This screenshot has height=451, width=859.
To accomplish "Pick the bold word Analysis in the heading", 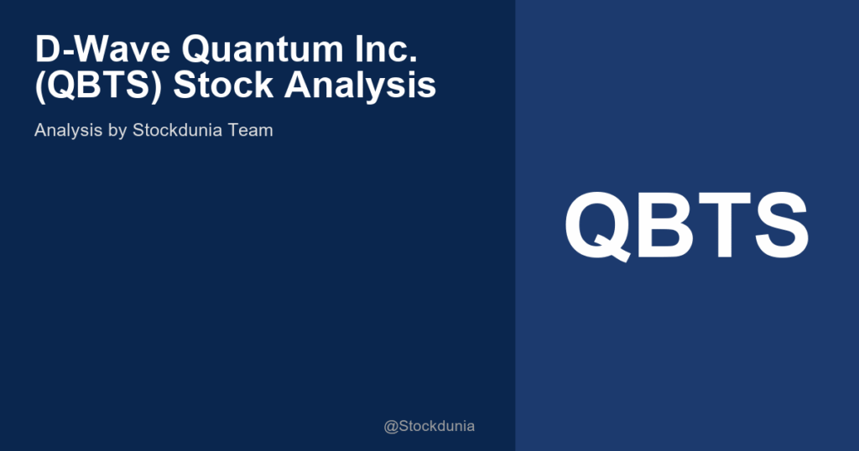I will (362, 86).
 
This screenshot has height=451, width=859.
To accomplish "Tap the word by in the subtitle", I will (118, 132).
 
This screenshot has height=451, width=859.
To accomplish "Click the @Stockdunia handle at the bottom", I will (429, 426).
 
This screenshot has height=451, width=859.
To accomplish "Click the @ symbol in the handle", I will (391, 427).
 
